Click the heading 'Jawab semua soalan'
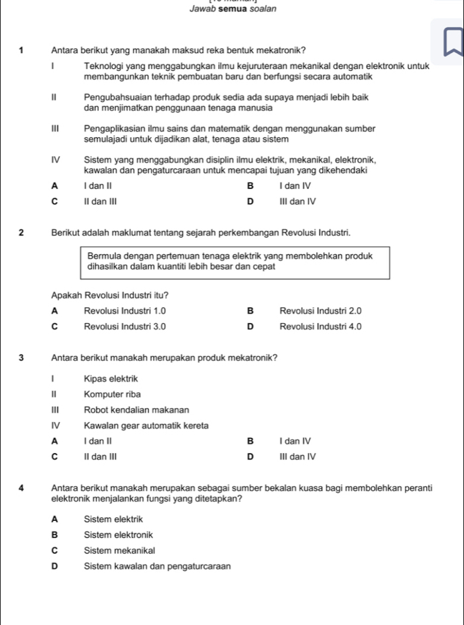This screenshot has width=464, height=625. point(233,9)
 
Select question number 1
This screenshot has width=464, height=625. point(22,50)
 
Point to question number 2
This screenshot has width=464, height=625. point(22,233)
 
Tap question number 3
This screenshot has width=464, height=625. point(22,358)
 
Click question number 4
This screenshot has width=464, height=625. point(22,488)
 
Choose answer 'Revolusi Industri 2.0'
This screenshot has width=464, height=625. point(321,310)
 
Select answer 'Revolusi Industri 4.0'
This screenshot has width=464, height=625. point(321,326)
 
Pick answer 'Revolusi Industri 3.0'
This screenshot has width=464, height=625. point(125,326)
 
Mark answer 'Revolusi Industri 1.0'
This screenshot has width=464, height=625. point(125,310)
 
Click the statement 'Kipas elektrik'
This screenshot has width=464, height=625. point(111,378)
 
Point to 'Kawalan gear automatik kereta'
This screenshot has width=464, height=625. point(146,425)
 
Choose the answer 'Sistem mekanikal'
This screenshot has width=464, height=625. point(119,550)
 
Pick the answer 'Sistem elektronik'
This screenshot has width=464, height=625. point(119,534)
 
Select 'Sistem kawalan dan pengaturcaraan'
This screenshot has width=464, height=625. point(158,566)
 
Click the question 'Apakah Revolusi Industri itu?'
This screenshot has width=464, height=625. point(109,294)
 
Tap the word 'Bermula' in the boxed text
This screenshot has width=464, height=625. point(104,255)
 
